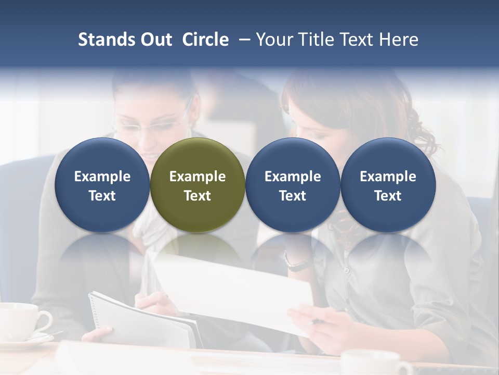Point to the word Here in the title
click(x=399, y=40)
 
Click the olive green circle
click(x=198, y=185)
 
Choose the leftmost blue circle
click(x=102, y=185)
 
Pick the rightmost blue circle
click(x=388, y=185)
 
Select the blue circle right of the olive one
click(x=293, y=185)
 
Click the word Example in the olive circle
click(x=198, y=177)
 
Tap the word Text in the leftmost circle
click(x=102, y=196)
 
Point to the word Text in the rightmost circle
click(x=388, y=196)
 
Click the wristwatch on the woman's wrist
click(x=298, y=263)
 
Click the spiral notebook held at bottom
click(x=140, y=320)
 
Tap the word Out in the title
click(x=155, y=40)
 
